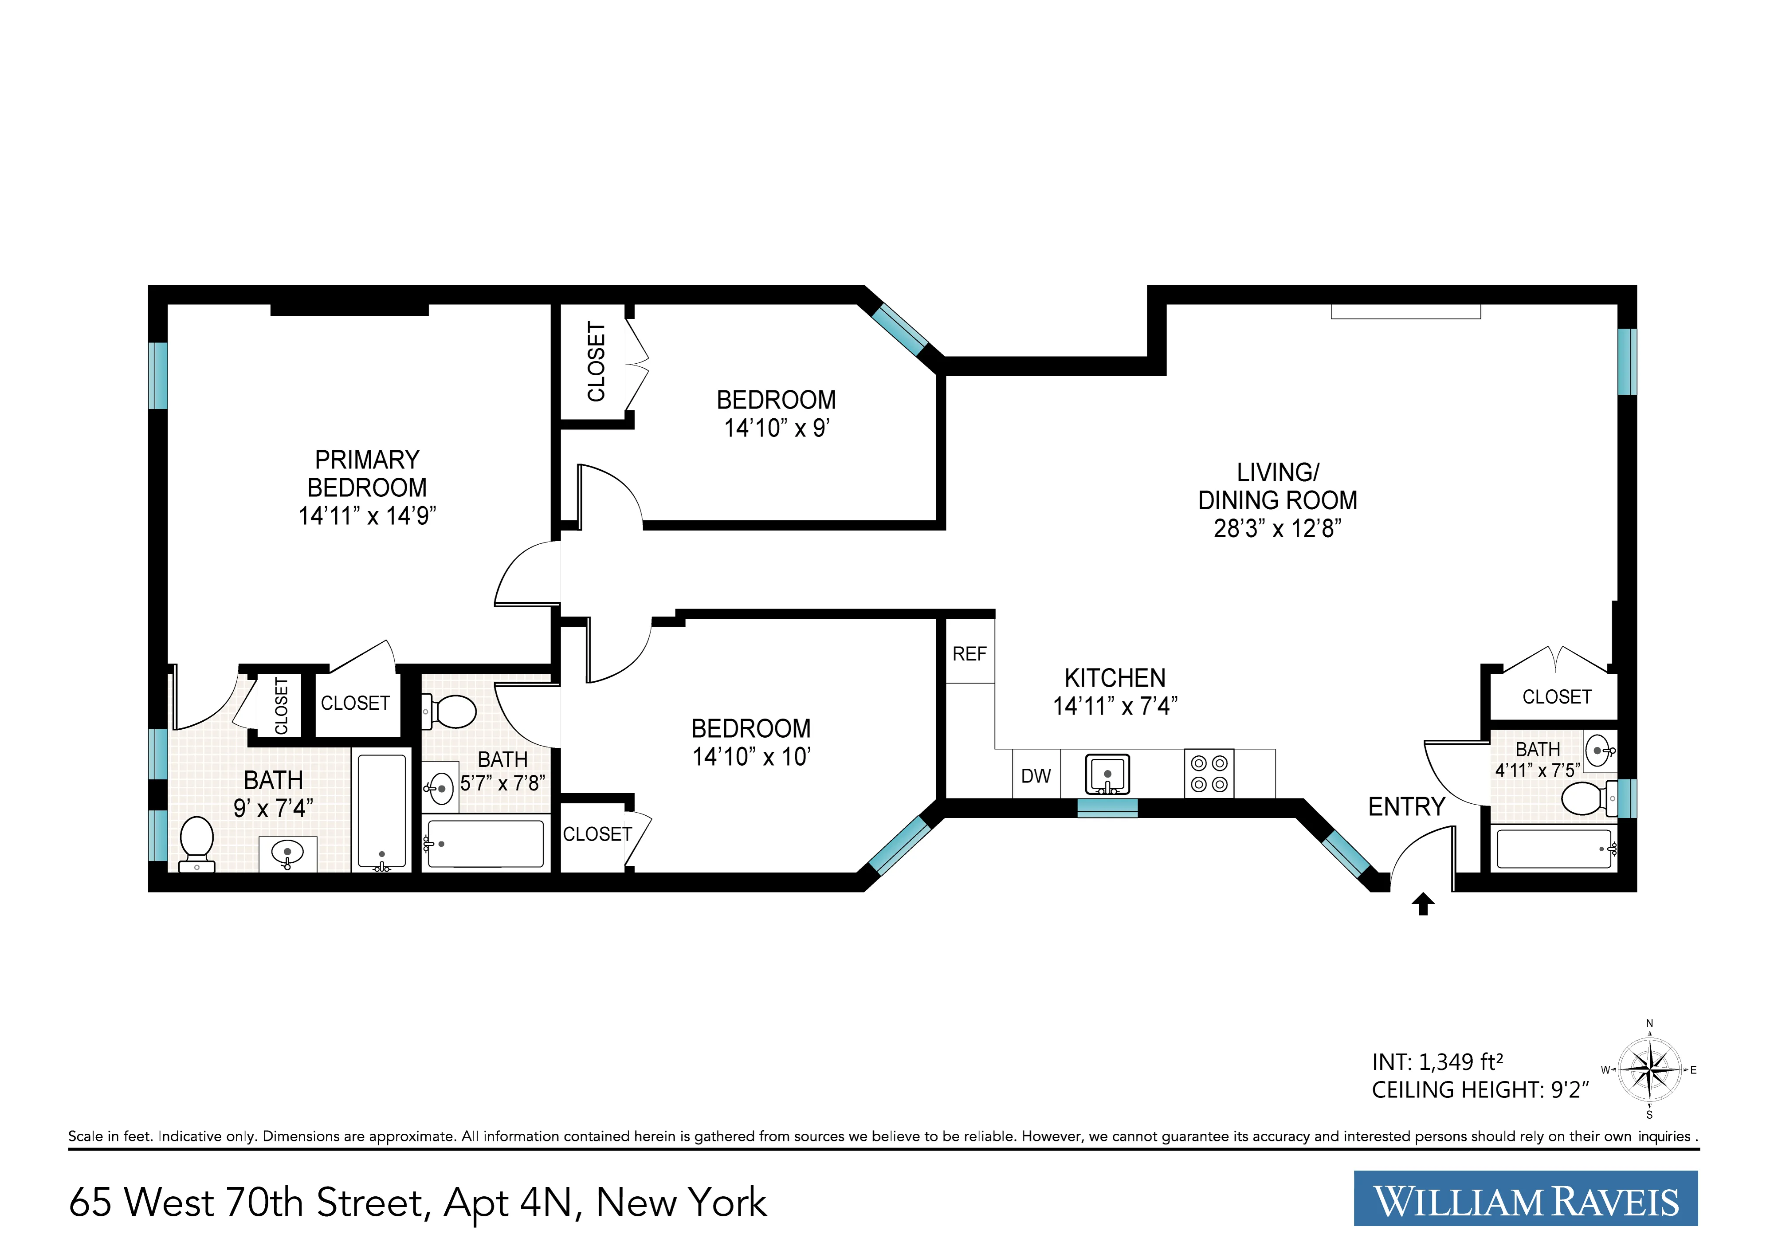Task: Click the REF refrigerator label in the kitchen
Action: coord(969,654)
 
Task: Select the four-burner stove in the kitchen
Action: coord(1209,774)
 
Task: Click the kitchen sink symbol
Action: coord(1107,774)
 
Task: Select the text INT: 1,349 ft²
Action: coord(1437,1062)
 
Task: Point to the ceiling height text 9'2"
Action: coord(1569,1090)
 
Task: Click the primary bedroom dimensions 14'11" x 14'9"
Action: coord(367,516)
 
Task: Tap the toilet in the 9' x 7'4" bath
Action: coord(196,842)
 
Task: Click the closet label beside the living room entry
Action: coord(1556,697)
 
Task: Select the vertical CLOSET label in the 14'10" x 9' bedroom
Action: coord(596,362)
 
